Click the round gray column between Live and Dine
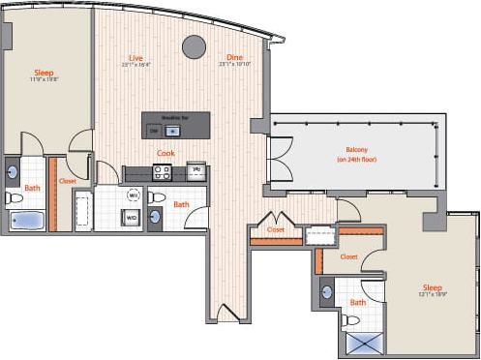[x=195, y=45]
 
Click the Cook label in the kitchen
[x=165, y=153]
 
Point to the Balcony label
[x=356, y=149]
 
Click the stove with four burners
[x=163, y=173]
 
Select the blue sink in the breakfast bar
[x=173, y=130]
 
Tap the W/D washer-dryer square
[x=130, y=218]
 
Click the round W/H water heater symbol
[x=134, y=195]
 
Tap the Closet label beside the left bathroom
[x=68, y=181]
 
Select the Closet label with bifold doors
[x=276, y=230]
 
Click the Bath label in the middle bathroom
[x=181, y=204]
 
